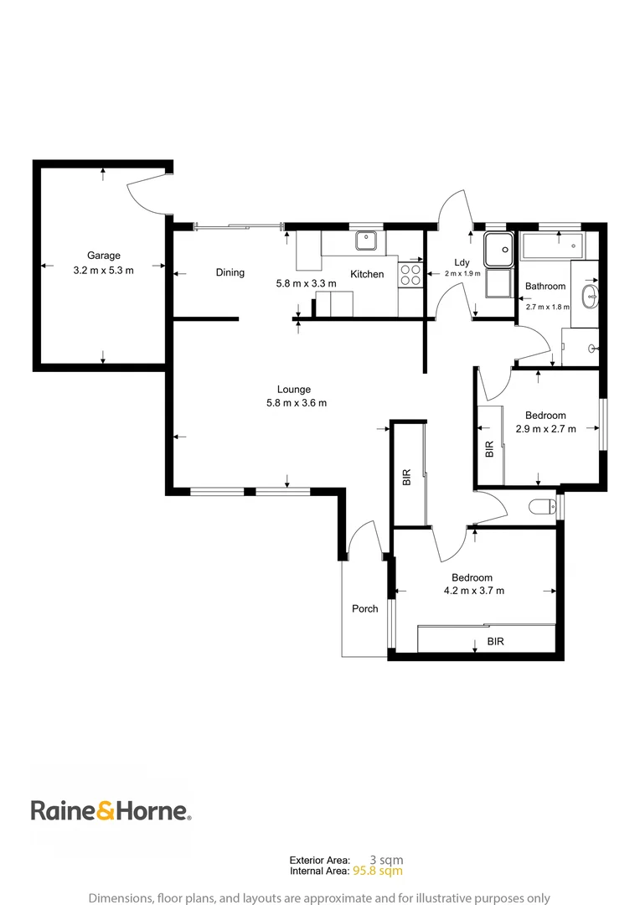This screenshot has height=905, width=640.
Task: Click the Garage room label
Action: tap(104, 256)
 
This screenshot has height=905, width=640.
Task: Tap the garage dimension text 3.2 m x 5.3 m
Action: tap(104, 270)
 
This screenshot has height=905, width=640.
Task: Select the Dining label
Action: tap(230, 272)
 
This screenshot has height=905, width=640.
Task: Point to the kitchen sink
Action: tap(365, 241)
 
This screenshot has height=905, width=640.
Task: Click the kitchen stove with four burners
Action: tap(410, 276)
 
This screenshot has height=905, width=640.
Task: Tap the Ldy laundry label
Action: tap(462, 262)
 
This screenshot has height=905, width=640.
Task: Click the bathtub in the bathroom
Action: tap(553, 246)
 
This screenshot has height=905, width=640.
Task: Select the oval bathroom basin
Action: tap(591, 294)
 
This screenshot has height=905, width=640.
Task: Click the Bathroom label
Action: tap(545, 287)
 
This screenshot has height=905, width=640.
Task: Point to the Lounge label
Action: tap(294, 389)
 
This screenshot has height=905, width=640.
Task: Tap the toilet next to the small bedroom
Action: tap(543, 506)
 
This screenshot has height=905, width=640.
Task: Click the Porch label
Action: tap(364, 609)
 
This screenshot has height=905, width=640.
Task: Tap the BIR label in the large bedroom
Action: tap(496, 642)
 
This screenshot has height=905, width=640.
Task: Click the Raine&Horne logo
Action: tap(111, 810)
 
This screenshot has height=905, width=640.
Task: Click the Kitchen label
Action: tap(367, 274)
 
